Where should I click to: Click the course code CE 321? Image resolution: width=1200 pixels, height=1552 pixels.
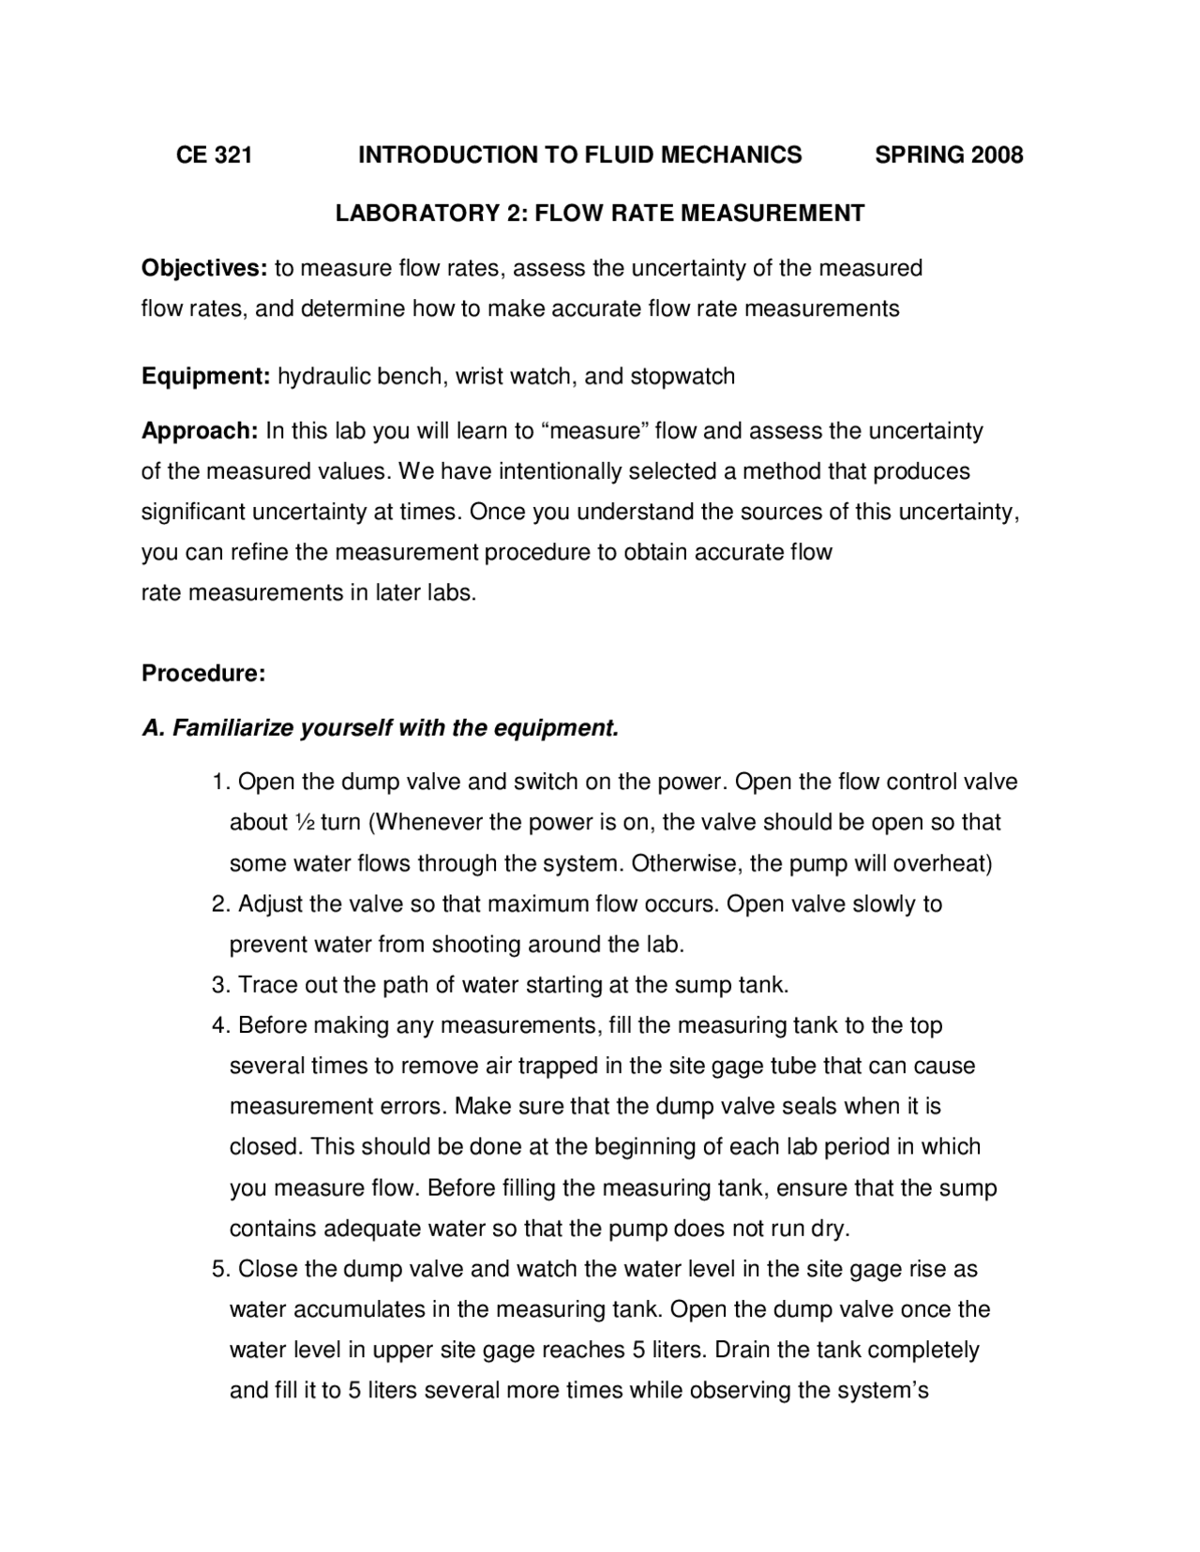coord(214,155)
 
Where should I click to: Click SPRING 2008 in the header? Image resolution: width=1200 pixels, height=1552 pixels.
coord(948,155)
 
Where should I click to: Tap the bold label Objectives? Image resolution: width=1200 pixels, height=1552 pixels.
coord(204,269)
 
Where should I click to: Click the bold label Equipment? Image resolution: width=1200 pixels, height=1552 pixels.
coord(205,377)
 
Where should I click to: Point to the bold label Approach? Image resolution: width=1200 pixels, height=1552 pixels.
coord(200,431)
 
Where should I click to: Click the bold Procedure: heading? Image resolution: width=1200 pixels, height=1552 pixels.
coord(203,674)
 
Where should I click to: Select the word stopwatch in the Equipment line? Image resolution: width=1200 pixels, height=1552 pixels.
coord(682,377)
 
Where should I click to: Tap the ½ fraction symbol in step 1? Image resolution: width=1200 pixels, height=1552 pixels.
coord(304,823)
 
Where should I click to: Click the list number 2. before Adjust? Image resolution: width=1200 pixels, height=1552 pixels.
coord(220,904)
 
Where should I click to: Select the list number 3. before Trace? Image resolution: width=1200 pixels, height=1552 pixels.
coord(220,985)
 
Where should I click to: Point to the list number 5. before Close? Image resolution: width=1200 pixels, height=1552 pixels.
coord(220,1270)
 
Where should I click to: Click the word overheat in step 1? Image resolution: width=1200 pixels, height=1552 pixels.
coord(944,863)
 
